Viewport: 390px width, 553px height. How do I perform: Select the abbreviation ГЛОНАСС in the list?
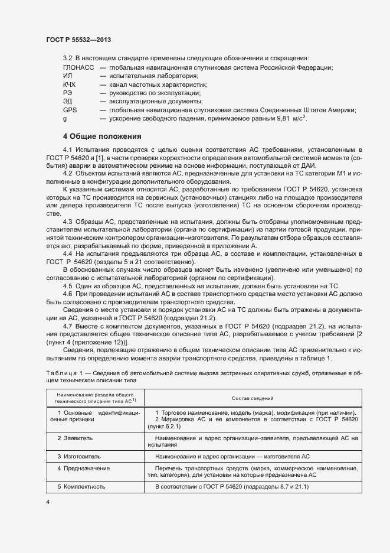pos(78,67)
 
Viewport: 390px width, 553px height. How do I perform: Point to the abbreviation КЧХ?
pos(70,84)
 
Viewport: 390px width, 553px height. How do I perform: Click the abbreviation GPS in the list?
pos(70,110)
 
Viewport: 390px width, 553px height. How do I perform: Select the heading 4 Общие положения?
pos(102,135)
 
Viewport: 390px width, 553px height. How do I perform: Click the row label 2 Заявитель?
pos(75,438)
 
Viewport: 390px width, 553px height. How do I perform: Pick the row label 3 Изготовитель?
pos(79,456)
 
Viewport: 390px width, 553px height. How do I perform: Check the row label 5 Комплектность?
pos(81,486)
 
